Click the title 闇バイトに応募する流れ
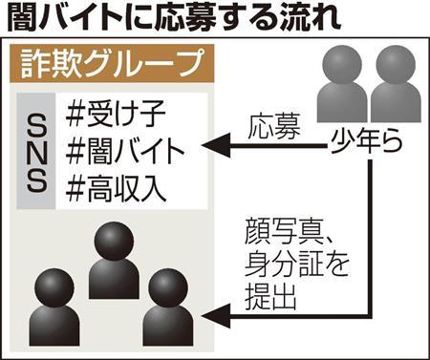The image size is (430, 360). [174, 19]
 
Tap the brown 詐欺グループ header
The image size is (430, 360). [112, 64]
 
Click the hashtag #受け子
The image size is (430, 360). [116, 114]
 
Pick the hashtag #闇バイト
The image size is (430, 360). [125, 151]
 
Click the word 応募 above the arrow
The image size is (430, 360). [274, 127]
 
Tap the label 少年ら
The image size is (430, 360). [366, 141]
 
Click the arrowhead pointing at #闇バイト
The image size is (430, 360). [216, 145]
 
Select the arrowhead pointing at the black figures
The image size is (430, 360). [216, 316]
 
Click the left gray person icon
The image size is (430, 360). [342, 84]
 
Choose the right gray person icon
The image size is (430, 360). [396, 84]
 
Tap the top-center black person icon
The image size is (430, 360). [114, 260]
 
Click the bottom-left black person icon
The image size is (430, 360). [54, 307]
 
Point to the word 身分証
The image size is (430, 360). [284, 266]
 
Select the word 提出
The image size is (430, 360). [270, 298]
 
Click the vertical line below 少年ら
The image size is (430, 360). [370, 238]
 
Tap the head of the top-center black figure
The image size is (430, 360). [114, 241]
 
